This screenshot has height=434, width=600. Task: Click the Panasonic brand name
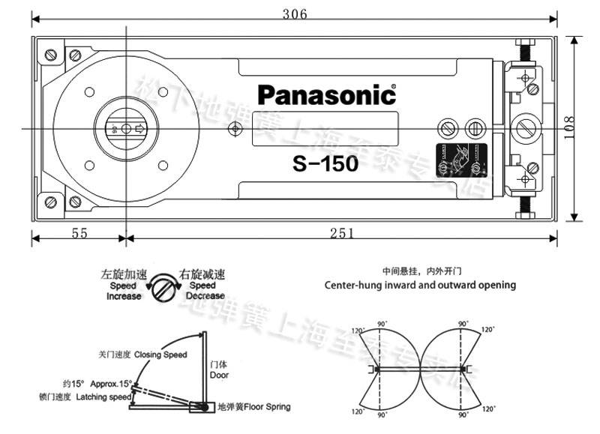point(326,95)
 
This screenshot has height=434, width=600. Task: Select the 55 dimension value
point(79,233)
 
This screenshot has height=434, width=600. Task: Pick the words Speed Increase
point(123,291)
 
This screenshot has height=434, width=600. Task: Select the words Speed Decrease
point(203,291)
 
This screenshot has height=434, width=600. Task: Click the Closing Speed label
point(160,354)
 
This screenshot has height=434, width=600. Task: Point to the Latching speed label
point(103,397)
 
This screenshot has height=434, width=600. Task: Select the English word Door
point(220,375)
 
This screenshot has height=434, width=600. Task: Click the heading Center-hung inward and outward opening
point(419,285)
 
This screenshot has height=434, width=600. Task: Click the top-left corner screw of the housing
point(51,55)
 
